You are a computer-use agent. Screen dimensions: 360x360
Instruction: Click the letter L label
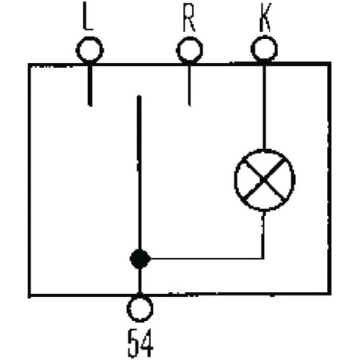(x=88, y=16)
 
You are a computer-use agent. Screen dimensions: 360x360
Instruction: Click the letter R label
(x=190, y=18)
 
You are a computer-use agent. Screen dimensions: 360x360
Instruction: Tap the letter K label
(x=265, y=18)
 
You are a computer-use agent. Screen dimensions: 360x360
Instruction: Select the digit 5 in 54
(x=134, y=342)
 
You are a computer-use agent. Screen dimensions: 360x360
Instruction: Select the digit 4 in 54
(x=147, y=342)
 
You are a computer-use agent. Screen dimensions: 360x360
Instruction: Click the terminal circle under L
(x=90, y=50)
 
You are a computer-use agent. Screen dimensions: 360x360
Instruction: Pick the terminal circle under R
(x=190, y=50)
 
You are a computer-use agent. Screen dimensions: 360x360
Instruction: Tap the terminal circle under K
(x=264, y=49)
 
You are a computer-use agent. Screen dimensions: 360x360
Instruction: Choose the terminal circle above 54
(x=140, y=309)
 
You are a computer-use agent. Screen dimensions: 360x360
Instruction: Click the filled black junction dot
(x=140, y=259)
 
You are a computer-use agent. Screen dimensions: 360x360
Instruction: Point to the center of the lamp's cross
(x=264, y=180)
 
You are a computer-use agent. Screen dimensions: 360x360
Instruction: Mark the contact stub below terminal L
(x=90, y=85)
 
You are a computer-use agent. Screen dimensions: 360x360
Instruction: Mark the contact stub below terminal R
(x=190, y=85)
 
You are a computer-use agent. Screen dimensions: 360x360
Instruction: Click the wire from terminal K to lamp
(x=264, y=106)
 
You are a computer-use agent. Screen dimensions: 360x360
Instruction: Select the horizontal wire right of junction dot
(x=206, y=258)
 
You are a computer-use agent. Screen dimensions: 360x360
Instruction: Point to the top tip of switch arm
(x=139, y=96)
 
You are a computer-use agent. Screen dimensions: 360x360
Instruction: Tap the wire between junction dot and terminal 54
(x=139, y=281)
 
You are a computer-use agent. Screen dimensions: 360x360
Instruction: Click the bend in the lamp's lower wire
(x=263, y=258)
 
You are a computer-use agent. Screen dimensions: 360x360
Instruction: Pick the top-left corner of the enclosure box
(x=29, y=65)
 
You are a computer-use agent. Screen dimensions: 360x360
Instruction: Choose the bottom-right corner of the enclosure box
(x=329, y=293)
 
